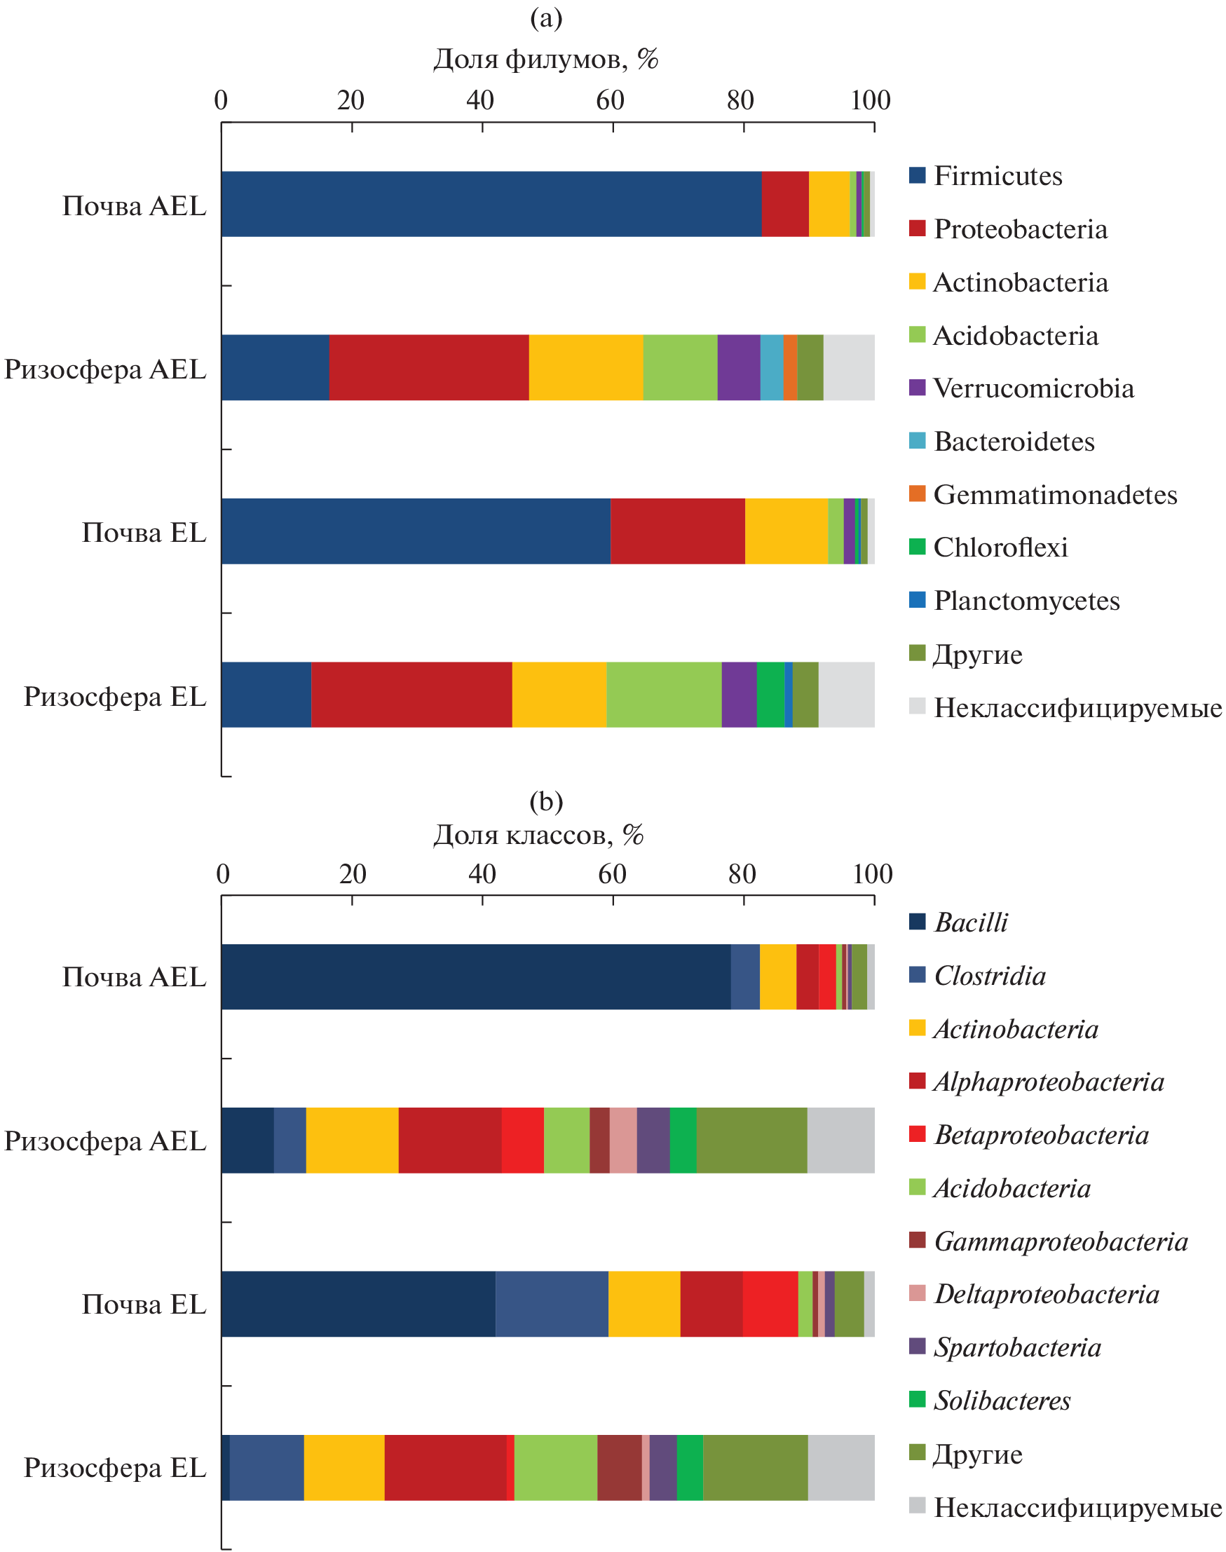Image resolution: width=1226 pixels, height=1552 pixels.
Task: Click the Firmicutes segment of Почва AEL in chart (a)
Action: (x=491, y=204)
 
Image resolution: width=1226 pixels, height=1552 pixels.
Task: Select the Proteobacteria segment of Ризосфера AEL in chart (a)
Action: (x=428, y=367)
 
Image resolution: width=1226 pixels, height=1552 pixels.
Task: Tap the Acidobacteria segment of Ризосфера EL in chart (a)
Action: (x=664, y=695)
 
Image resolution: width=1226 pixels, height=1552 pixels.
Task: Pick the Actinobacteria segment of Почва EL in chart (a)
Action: (x=786, y=531)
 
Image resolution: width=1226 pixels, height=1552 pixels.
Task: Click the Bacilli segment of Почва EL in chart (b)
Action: (x=358, y=1304)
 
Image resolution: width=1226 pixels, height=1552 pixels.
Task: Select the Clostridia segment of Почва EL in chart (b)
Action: (x=551, y=1304)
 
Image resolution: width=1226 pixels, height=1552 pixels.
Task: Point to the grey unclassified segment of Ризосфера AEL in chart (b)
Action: (x=840, y=1140)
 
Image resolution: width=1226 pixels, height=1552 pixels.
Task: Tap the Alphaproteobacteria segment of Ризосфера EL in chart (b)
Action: (x=445, y=1467)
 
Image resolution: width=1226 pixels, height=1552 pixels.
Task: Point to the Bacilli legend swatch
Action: (x=917, y=922)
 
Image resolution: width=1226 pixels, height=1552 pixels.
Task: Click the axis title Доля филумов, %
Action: (x=545, y=59)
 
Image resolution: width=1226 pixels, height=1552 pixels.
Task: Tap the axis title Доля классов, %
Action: (x=538, y=834)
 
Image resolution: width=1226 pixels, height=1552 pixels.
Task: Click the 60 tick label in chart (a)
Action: (x=610, y=100)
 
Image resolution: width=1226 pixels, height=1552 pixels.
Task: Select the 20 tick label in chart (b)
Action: (x=353, y=873)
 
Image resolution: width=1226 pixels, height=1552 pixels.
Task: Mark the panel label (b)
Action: (x=545, y=801)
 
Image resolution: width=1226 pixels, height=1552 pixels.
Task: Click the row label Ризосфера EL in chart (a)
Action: (x=115, y=696)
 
